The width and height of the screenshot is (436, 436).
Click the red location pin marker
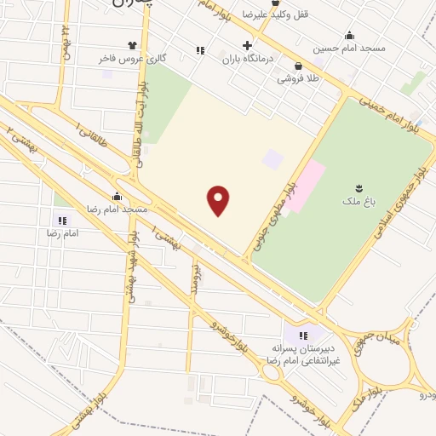coord(219,200)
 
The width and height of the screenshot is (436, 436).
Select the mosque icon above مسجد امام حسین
coord(349,35)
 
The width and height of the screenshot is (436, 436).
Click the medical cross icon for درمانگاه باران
coord(247,45)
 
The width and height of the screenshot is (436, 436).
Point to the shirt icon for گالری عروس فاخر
coord(132,45)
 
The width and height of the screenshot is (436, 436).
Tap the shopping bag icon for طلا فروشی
coord(297,66)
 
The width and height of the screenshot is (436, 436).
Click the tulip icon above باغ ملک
coord(358,188)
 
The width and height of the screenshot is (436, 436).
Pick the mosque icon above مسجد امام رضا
coord(117,196)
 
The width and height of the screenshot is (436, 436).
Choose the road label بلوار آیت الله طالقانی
coord(137,127)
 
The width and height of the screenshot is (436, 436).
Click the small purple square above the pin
coord(272,158)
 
